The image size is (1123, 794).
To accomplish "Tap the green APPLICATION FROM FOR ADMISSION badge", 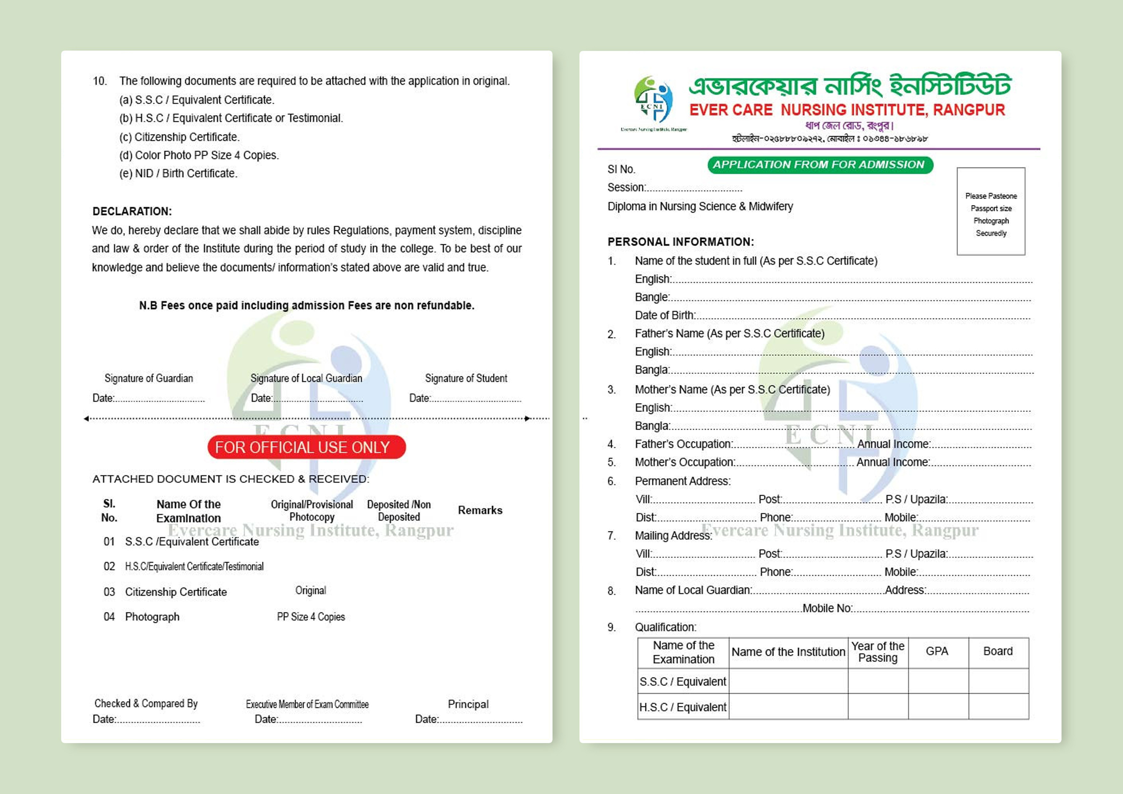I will click(820, 165).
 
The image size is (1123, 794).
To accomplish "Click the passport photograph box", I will click(990, 211).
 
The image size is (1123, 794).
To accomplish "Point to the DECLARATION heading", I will click(132, 211).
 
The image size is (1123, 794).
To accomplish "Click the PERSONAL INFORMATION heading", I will click(680, 242).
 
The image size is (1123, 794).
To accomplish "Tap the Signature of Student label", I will click(466, 378).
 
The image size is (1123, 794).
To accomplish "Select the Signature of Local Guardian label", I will click(306, 378).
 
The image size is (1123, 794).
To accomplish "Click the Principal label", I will click(468, 704).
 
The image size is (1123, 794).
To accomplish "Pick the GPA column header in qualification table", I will click(937, 651).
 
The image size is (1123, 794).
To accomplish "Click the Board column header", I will click(998, 651).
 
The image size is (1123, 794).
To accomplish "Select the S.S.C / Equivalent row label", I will click(683, 682).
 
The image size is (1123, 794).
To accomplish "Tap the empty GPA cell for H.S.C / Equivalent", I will click(938, 707).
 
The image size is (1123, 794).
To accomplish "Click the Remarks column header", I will click(480, 510).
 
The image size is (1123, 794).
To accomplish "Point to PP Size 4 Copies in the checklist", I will click(311, 617).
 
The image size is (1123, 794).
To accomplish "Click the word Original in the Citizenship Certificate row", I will click(311, 590).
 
